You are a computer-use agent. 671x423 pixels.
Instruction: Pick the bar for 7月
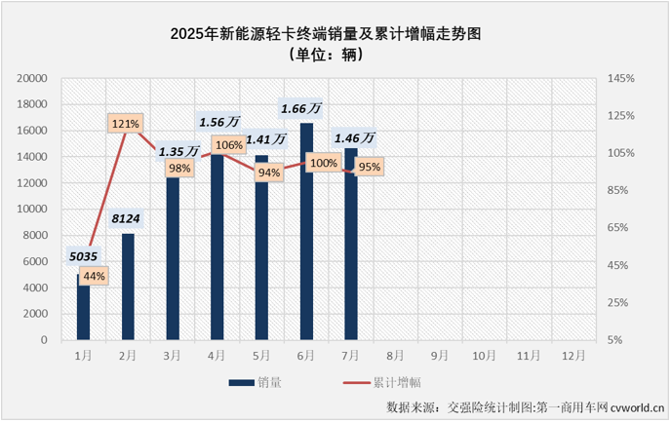pyautogui.click(x=351, y=244)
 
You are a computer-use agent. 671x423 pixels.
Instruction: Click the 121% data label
pyautogui.click(x=126, y=124)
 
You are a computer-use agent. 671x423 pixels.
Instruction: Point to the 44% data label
pyautogui.click(x=95, y=276)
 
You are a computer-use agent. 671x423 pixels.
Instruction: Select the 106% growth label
pyautogui.click(x=229, y=145)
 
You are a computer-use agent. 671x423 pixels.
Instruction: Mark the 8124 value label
pyautogui.click(x=128, y=218)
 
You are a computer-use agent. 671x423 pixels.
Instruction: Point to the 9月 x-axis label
pyautogui.click(x=440, y=356)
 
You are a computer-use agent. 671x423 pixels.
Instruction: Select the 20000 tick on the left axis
pyautogui.click(x=33, y=78)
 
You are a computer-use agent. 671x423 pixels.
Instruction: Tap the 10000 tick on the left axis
pyautogui.click(x=33, y=209)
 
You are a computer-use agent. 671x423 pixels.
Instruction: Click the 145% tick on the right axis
pyautogui.click(x=621, y=78)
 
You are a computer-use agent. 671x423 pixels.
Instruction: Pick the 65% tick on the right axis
pyautogui.click(x=621, y=228)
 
